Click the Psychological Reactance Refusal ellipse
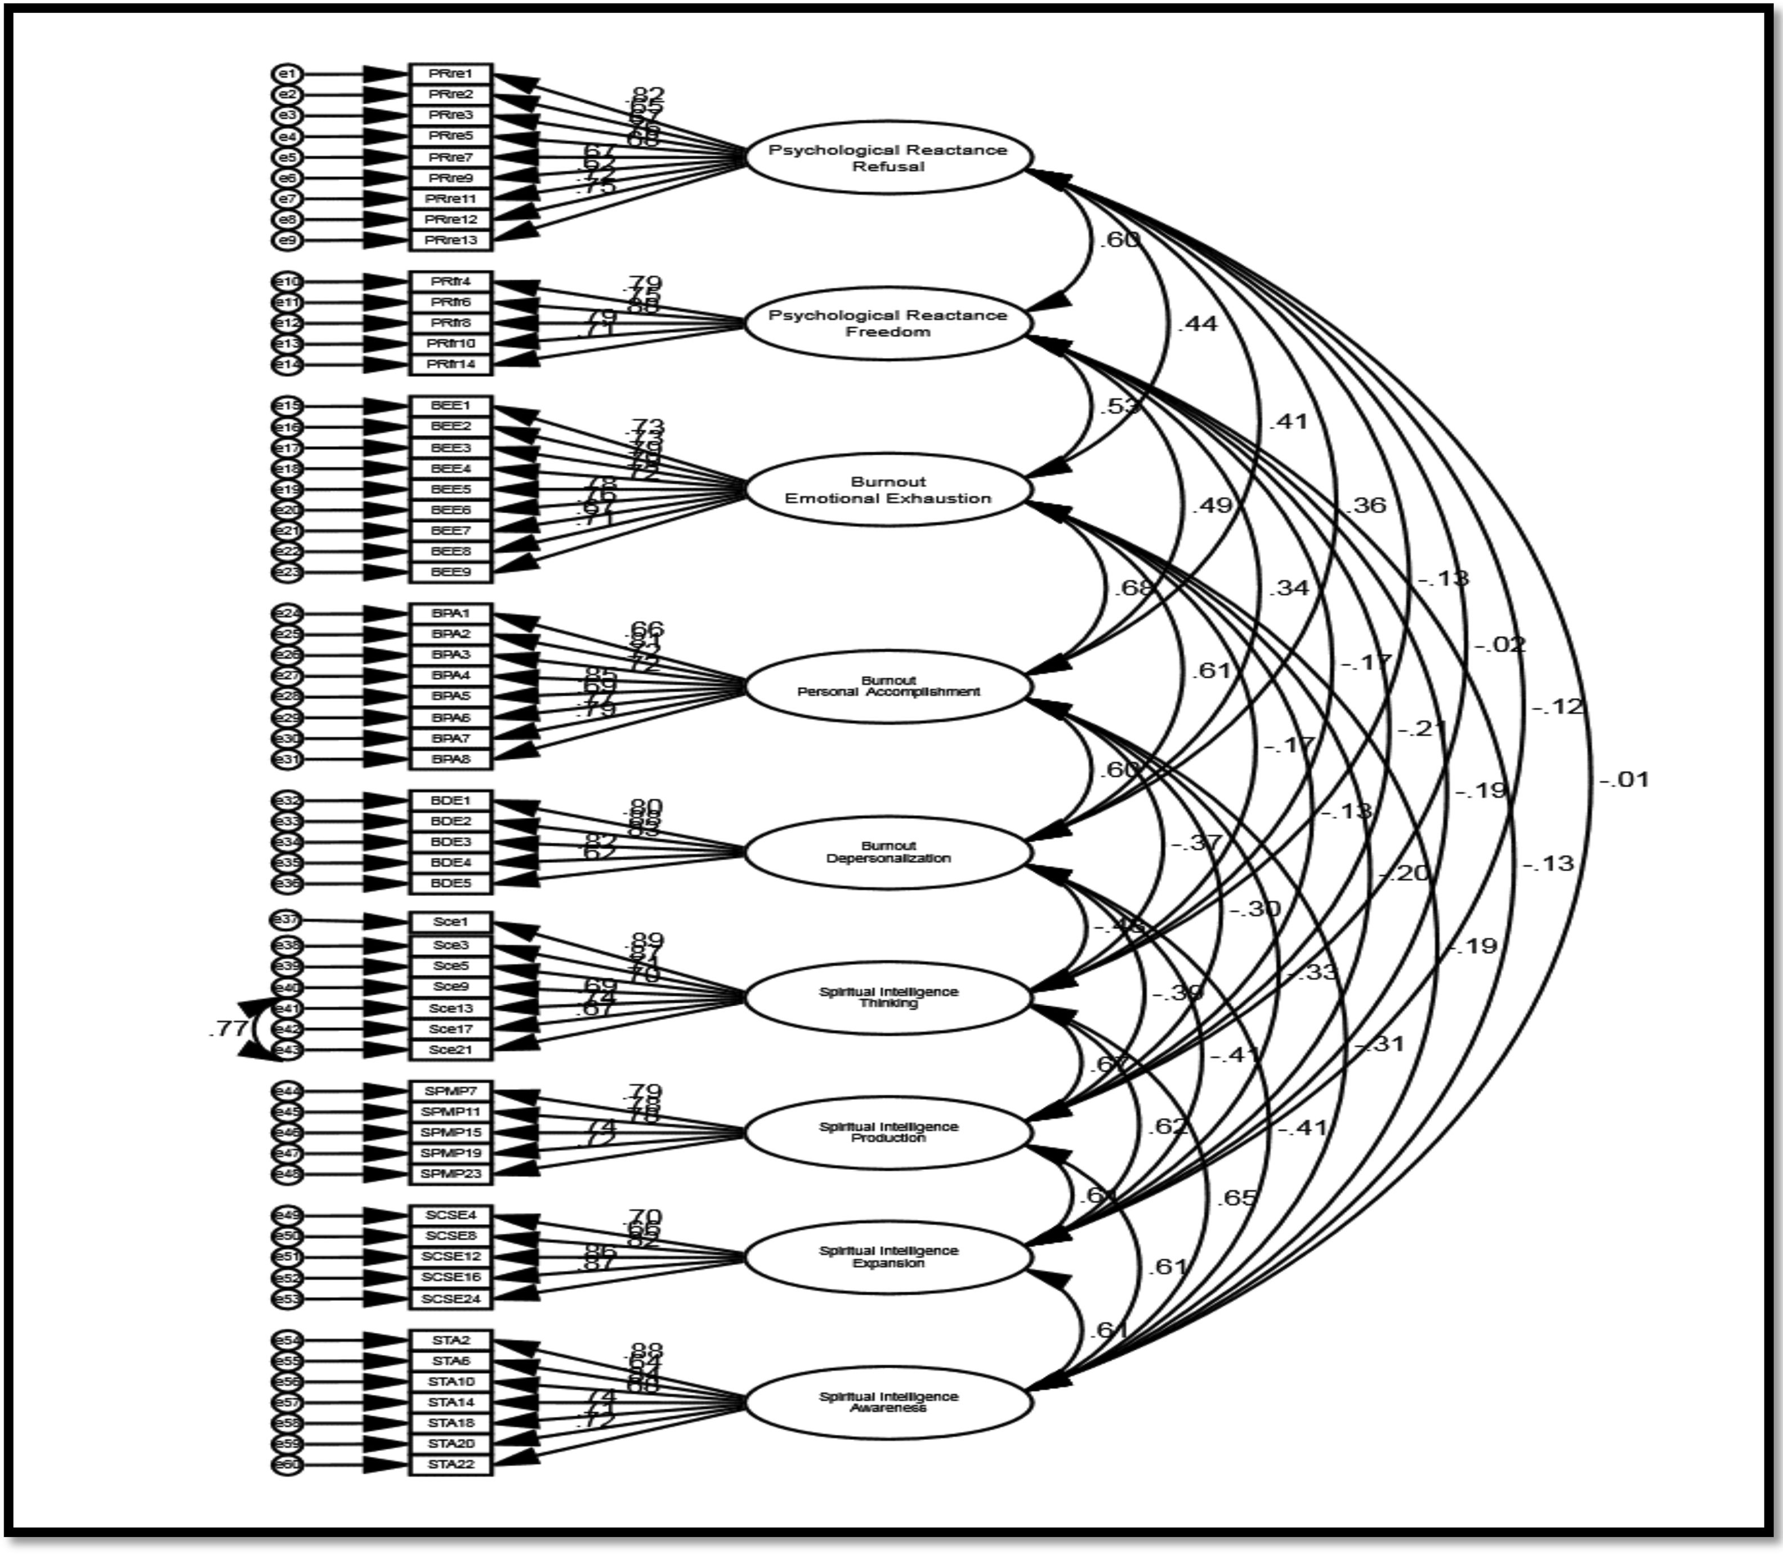click(x=888, y=158)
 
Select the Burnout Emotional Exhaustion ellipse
click(x=888, y=490)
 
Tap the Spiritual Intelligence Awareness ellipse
click(x=888, y=1402)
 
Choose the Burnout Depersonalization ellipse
click(x=888, y=852)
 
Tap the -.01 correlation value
click(x=1624, y=780)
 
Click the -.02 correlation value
click(x=1499, y=644)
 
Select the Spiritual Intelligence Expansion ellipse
click(x=888, y=1257)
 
